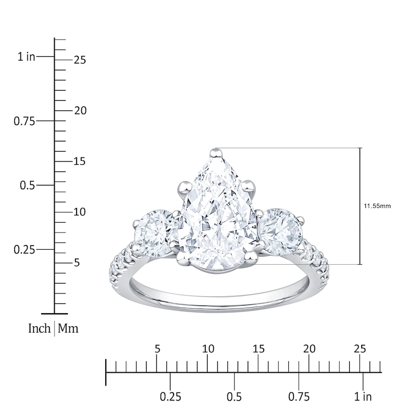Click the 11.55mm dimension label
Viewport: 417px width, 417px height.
pos(377,206)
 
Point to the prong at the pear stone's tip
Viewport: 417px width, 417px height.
pos(215,153)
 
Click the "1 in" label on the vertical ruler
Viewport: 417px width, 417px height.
pos(26,57)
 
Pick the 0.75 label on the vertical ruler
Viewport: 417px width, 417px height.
pos(23,121)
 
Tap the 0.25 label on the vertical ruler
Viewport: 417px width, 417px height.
pos(23,249)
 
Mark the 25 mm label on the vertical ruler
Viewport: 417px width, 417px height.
pos(79,60)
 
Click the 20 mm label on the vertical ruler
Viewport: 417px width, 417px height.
pos(79,111)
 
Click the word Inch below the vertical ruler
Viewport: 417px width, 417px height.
pos(40,329)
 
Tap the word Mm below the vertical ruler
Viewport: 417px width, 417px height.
pos(68,329)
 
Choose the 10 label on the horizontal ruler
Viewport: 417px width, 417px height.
pos(208,349)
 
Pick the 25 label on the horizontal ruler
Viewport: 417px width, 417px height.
pos(360,349)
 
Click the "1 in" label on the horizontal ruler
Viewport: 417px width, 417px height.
pos(363,397)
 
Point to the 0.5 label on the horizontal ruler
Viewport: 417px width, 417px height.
pos(234,397)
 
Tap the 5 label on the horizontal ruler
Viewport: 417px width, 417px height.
pos(157,349)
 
